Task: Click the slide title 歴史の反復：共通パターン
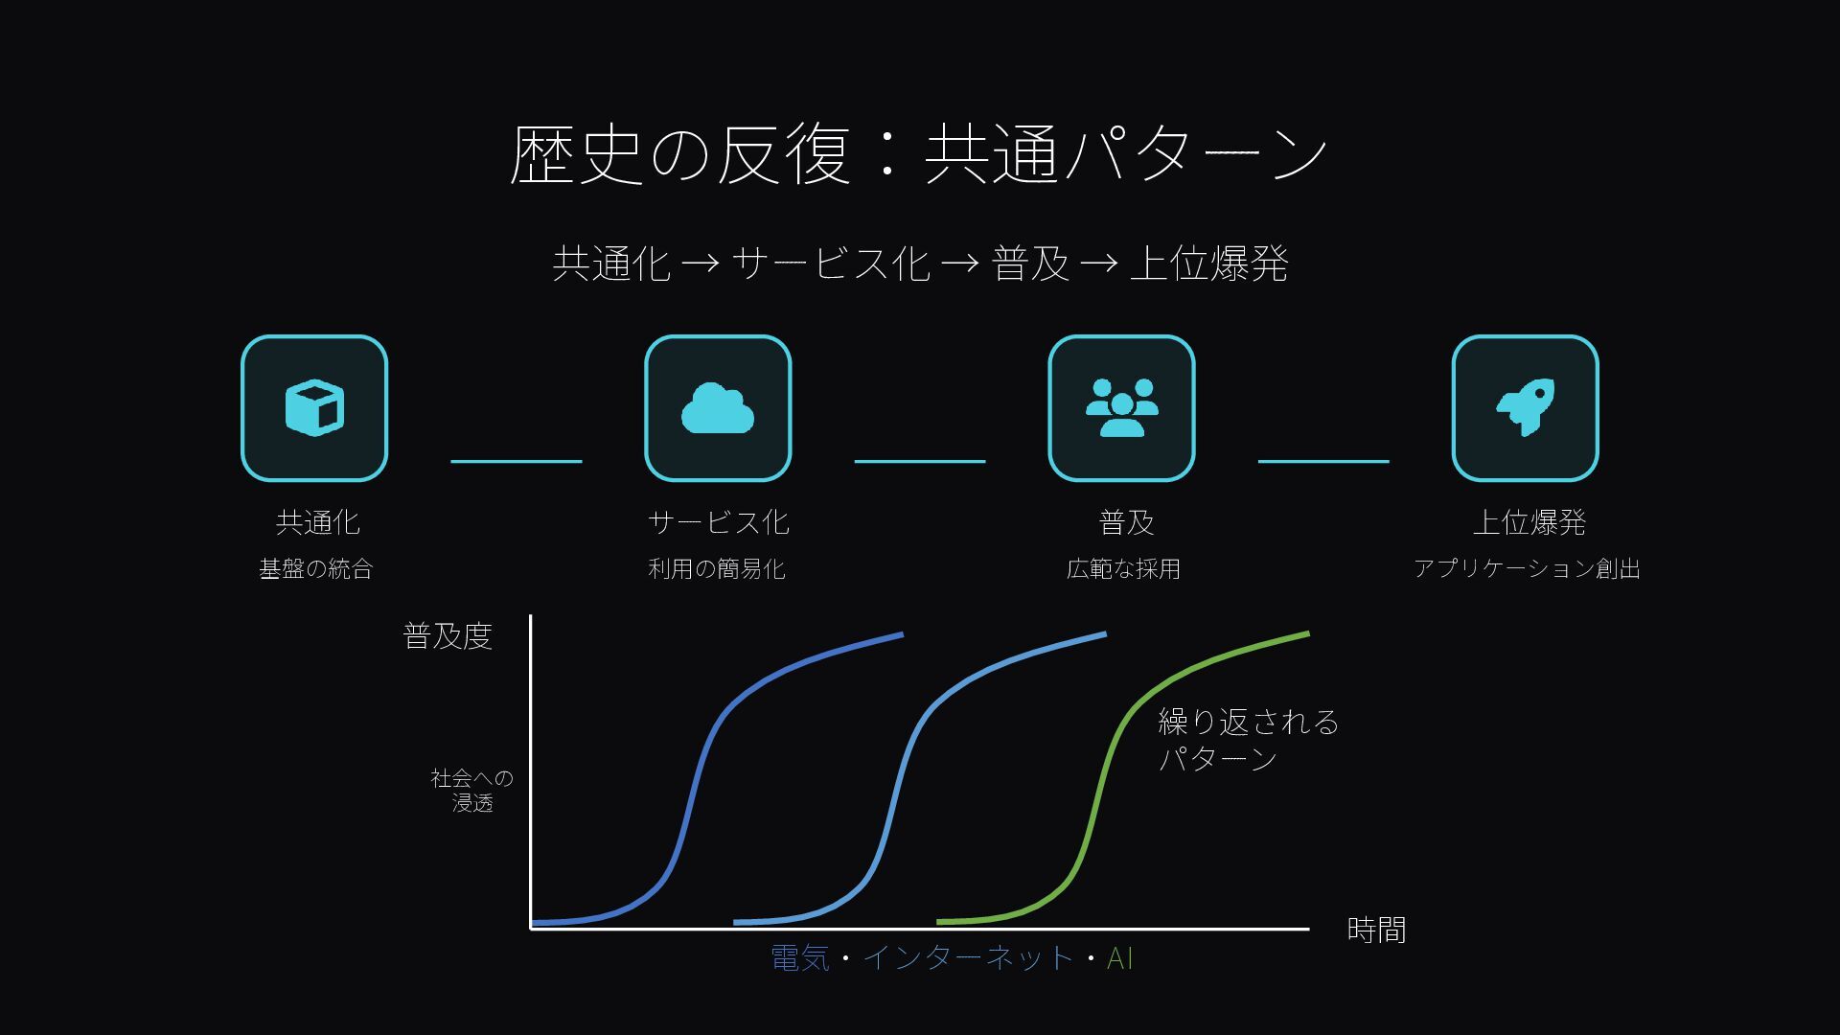[918, 153]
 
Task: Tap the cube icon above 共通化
[314, 407]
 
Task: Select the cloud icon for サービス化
[718, 409]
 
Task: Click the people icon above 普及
[1121, 408]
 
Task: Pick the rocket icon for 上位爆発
[1525, 407]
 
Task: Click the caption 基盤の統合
[315, 569]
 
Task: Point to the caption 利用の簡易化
[717, 569]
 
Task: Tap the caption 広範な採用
[1123, 569]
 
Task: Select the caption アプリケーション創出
[1527, 569]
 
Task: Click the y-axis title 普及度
[448, 636]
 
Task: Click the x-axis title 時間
[1376, 930]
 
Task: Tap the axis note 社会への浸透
[472, 791]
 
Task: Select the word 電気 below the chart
[800, 958]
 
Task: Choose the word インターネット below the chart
[968, 958]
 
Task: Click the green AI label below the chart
[1119, 958]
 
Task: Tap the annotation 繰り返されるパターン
[1248, 740]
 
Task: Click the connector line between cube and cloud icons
[517, 461]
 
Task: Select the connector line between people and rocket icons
[1323, 461]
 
